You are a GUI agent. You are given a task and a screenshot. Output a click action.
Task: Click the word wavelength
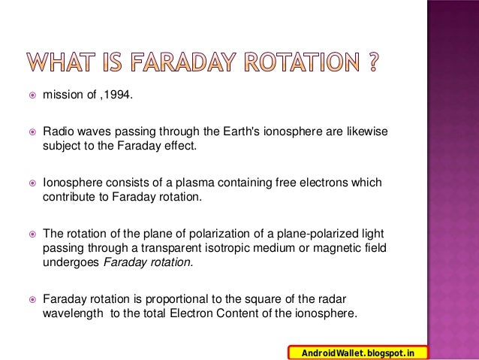[x=72, y=313]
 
